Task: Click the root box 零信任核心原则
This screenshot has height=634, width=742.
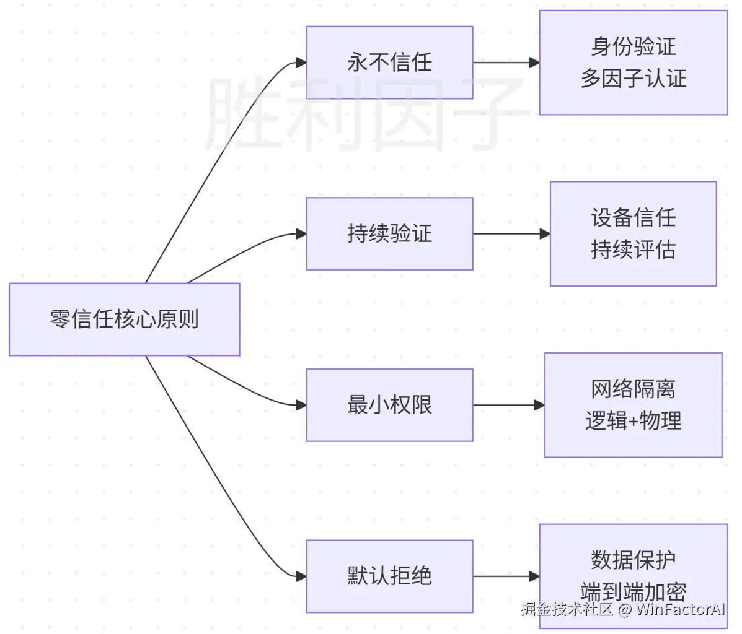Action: pyautogui.click(x=124, y=319)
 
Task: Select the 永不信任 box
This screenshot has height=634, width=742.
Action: pyautogui.click(x=389, y=63)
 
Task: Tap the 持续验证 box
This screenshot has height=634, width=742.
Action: pyautogui.click(x=389, y=234)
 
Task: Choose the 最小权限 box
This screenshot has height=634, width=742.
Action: pyautogui.click(x=389, y=405)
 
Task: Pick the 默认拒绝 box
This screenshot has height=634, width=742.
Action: pyautogui.click(x=389, y=576)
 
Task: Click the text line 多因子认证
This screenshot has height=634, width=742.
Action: pyautogui.click(x=633, y=79)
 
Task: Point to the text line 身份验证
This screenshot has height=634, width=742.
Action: pyautogui.click(x=633, y=46)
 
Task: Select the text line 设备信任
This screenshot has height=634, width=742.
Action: pyautogui.click(x=633, y=217)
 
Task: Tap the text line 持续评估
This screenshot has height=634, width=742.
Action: pyautogui.click(x=633, y=250)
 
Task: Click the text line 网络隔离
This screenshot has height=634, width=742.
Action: pyautogui.click(x=633, y=389)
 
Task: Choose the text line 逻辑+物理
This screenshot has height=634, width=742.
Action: pyautogui.click(x=633, y=421)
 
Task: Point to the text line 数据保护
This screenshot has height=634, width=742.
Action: pyautogui.click(x=633, y=560)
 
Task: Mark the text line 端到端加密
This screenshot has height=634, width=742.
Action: pyautogui.click(x=633, y=592)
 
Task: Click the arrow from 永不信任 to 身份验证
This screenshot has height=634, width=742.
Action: pyautogui.click(x=505, y=63)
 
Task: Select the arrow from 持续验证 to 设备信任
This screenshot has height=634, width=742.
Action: pyautogui.click(x=511, y=234)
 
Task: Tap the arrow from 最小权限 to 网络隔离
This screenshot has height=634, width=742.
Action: pyautogui.click(x=508, y=405)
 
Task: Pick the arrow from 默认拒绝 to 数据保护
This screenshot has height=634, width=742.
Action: pyautogui.click(x=505, y=576)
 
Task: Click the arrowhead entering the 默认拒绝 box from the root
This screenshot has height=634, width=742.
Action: pyautogui.click(x=301, y=576)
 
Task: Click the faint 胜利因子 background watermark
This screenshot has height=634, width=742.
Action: pyautogui.click(x=366, y=115)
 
